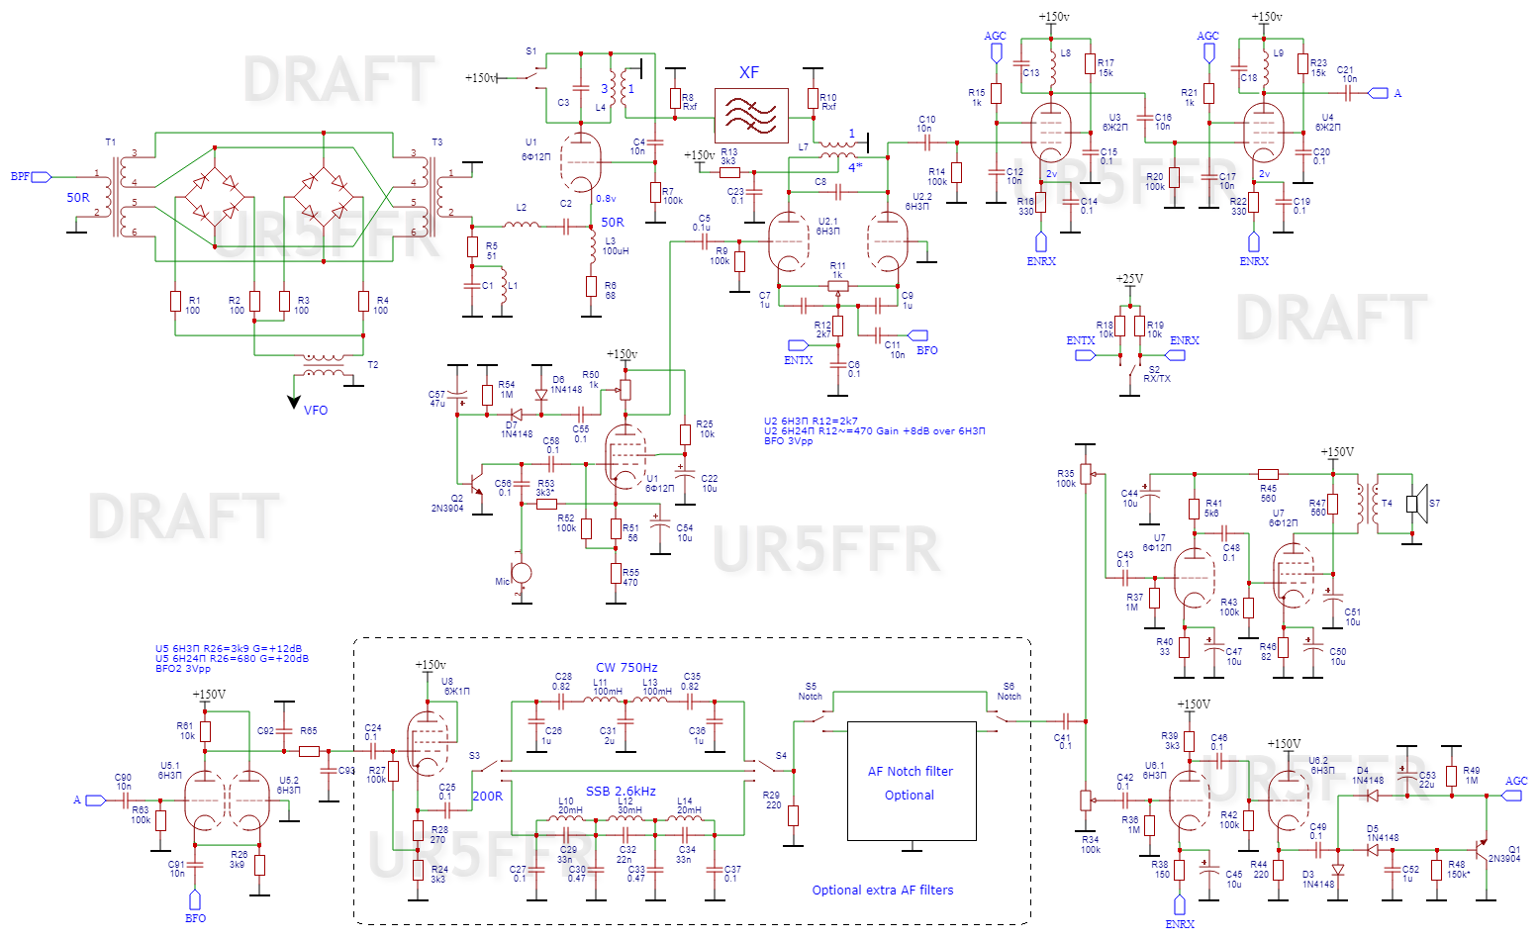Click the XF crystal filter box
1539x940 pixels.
(751, 116)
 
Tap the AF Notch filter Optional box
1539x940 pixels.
(911, 782)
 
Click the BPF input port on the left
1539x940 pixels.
(41, 177)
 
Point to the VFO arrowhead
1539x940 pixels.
(294, 402)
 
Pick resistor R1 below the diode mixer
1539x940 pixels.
(176, 302)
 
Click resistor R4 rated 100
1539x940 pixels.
(364, 302)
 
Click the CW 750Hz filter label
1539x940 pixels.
(626, 668)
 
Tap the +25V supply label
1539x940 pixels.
(1129, 279)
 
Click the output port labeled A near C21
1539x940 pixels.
(1379, 93)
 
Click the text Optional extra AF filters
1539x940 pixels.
(883, 891)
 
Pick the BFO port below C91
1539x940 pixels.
(195, 899)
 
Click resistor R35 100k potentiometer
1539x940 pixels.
(1086, 475)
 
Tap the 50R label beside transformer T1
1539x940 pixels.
(78, 198)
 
